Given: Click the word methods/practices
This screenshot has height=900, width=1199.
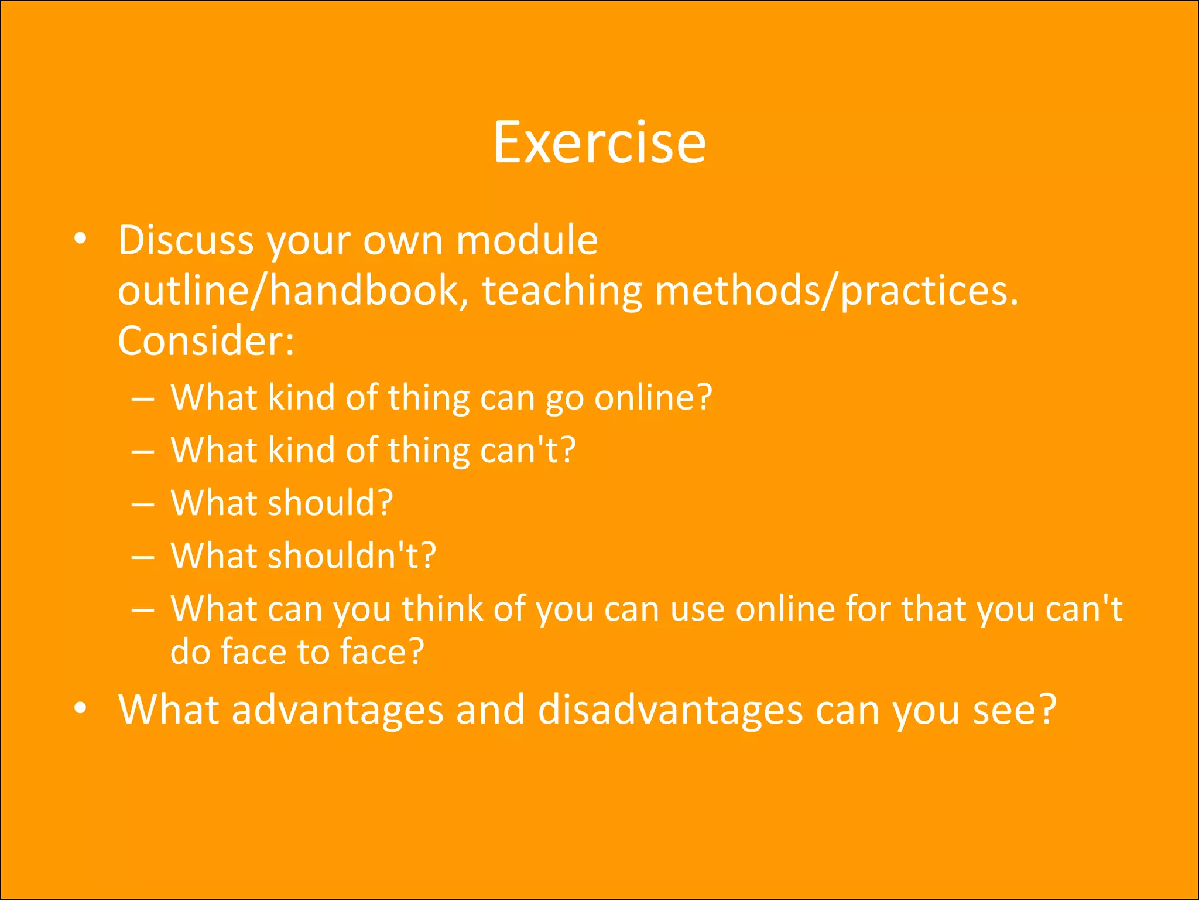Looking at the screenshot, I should point(837,292).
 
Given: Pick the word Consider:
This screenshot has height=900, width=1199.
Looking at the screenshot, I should point(205,341).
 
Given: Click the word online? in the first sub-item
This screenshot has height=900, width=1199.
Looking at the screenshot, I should point(653,397).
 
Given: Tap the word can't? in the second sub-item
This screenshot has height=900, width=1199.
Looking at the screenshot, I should point(527,450).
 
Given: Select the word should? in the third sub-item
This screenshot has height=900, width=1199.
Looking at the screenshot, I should point(330,503).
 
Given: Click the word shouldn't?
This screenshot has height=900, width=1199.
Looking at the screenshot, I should point(352,555).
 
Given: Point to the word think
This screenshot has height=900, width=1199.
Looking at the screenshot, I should point(441,608).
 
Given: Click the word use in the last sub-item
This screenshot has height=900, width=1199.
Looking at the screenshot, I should point(697,608).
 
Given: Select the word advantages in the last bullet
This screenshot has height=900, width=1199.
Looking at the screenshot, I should point(337,710).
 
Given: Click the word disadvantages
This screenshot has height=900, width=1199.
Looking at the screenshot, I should point(670,710).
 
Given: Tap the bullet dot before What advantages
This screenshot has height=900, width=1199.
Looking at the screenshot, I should point(81,708).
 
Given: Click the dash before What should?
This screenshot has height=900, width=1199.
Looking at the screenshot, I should point(143,504).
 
